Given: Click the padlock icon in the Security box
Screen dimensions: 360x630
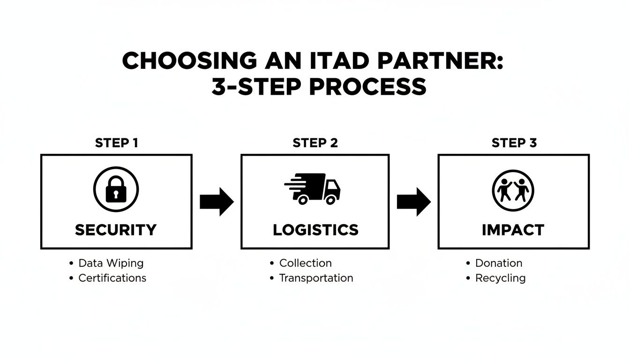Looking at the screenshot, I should pyautogui.click(x=116, y=189).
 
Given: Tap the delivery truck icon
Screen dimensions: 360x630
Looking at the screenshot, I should pyautogui.click(x=313, y=189).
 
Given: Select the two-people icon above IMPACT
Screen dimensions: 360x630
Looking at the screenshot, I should pyautogui.click(x=513, y=190).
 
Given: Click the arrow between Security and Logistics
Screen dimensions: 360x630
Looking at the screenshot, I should pyautogui.click(x=217, y=202).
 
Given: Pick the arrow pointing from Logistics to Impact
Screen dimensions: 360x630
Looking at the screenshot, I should pyautogui.click(x=413, y=202).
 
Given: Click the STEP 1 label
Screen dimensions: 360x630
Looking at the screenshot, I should pyautogui.click(x=116, y=143).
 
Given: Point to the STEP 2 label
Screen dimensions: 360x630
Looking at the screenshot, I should pyautogui.click(x=315, y=143).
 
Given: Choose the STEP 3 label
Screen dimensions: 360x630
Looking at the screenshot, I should pyautogui.click(x=514, y=143).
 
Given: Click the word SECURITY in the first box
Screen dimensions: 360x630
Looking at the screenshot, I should pyautogui.click(x=116, y=230).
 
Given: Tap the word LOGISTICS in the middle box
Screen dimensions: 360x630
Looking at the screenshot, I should pyautogui.click(x=315, y=230).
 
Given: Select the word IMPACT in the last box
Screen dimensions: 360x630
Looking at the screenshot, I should pyautogui.click(x=513, y=230).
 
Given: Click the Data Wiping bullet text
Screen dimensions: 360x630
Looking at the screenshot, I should pyautogui.click(x=111, y=263).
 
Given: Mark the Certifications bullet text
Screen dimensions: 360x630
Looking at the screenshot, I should pyautogui.click(x=112, y=278).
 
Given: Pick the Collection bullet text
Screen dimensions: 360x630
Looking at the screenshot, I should pyautogui.click(x=305, y=263).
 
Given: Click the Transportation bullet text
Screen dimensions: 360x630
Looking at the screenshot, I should pyautogui.click(x=316, y=278).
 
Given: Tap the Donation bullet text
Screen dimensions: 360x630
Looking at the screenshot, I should pyautogui.click(x=498, y=263).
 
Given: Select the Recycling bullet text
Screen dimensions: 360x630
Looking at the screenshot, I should pyautogui.click(x=500, y=278).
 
